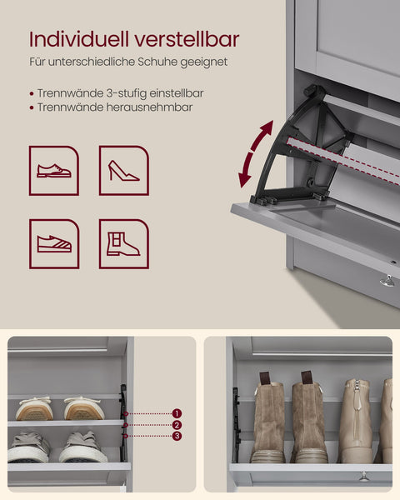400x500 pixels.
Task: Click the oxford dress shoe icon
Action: click(54, 171)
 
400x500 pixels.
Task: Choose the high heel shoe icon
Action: click(123, 171)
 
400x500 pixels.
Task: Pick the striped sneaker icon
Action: click(54, 243)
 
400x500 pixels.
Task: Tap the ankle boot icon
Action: click(123, 243)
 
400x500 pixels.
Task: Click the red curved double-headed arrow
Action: click(254, 153)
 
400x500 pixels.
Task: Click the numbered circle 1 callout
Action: click(177, 413)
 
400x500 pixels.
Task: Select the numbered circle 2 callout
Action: click(177, 425)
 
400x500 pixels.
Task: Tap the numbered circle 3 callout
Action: click(177, 436)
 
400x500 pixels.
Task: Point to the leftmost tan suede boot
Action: click(268, 421)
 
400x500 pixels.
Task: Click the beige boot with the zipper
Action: click(356, 421)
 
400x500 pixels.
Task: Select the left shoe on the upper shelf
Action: click(34, 408)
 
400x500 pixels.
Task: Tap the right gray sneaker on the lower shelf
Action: click(83, 447)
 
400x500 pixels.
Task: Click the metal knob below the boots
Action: click(363, 476)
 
